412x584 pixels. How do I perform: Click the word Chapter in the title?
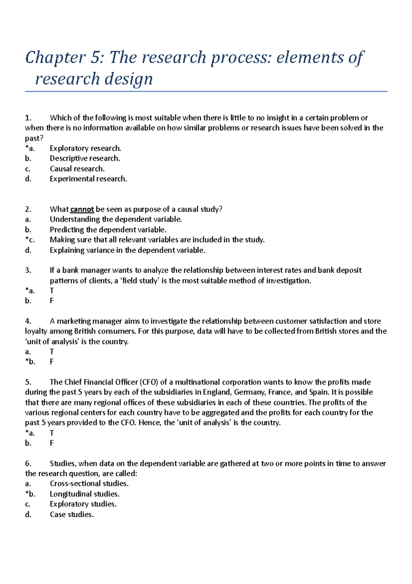tap(55, 57)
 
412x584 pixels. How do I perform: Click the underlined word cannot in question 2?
tap(82, 209)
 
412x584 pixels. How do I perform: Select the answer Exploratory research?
tap(85, 148)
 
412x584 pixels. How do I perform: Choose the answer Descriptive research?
tap(85, 159)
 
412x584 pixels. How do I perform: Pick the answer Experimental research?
tap(88, 179)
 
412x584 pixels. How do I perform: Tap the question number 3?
tap(28, 270)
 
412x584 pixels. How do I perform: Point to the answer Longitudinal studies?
tap(84, 494)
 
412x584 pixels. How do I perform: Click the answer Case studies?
tap(71, 515)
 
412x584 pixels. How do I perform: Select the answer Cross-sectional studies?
tap(89, 484)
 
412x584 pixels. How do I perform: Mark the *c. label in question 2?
tap(30, 240)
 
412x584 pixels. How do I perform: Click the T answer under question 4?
tap(52, 352)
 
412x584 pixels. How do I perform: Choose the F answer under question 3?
tap(52, 301)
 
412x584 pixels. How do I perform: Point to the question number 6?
tap(28, 464)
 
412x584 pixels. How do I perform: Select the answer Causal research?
tap(77, 169)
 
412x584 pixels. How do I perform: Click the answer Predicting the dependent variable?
tap(108, 230)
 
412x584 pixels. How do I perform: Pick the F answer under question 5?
tap(52, 443)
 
